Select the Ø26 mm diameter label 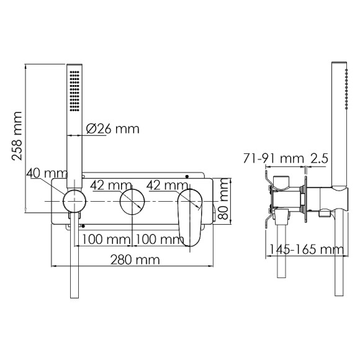point(111,129)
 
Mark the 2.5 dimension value point(320,159)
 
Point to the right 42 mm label point(167,184)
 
